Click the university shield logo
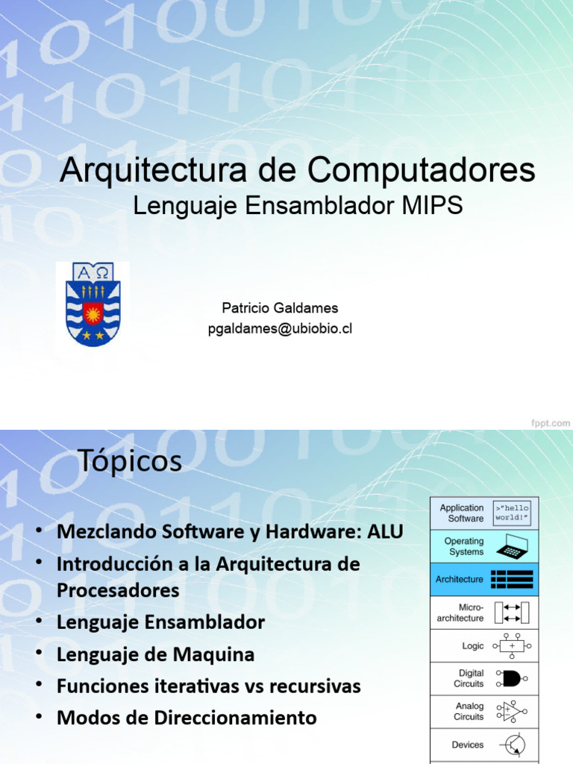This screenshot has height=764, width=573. tap(93, 304)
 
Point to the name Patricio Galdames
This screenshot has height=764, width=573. tap(280, 308)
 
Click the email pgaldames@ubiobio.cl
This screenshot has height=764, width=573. tap(280, 330)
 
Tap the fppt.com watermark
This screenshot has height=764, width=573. tap(551, 422)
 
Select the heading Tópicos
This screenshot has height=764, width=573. tap(129, 462)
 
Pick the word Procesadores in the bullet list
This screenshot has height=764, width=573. tap(118, 590)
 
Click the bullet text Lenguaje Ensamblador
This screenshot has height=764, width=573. tap(160, 622)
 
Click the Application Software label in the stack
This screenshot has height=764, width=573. tap(462, 513)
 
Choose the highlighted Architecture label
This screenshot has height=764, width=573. tap(460, 579)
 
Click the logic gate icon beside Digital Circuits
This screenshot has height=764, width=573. tap(513, 678)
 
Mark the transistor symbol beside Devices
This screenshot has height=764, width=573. tap(513, 745)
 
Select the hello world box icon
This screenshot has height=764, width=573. tap(512, 513)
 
